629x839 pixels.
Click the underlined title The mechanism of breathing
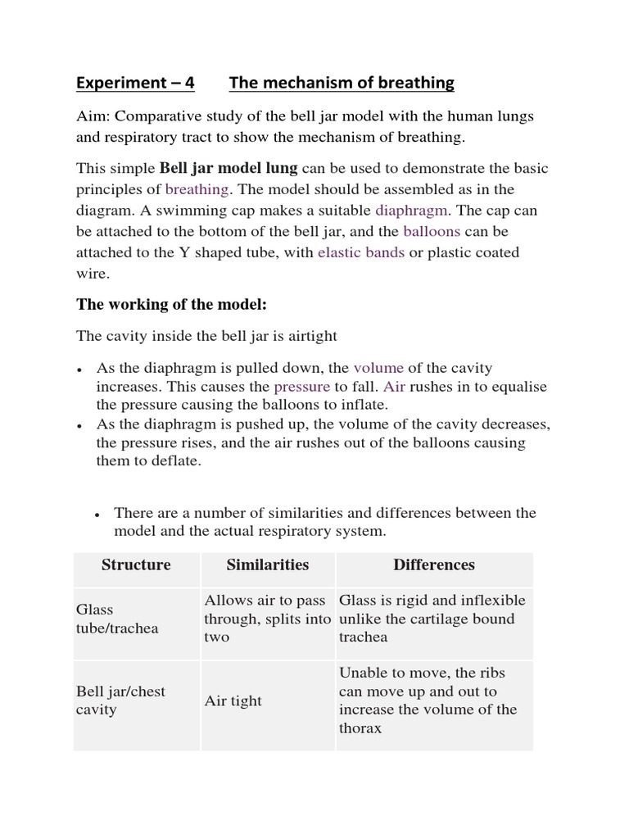tap(342, 83)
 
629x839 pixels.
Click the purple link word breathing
tap(197, 189)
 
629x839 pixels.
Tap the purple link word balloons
tap(432, 231)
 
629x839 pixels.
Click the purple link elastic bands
tap(361, 252)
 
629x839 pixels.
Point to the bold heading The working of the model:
tap(172, 304)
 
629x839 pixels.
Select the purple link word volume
tap(378, 368)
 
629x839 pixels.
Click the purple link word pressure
tap(301, 386)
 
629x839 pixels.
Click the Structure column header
tap(136, 565)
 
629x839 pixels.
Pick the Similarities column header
tap(267, 565)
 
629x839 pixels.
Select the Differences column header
tap(434, 565)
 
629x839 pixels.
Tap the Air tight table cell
tap(233, 701)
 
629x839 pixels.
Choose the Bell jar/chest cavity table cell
tap(120, 701)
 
